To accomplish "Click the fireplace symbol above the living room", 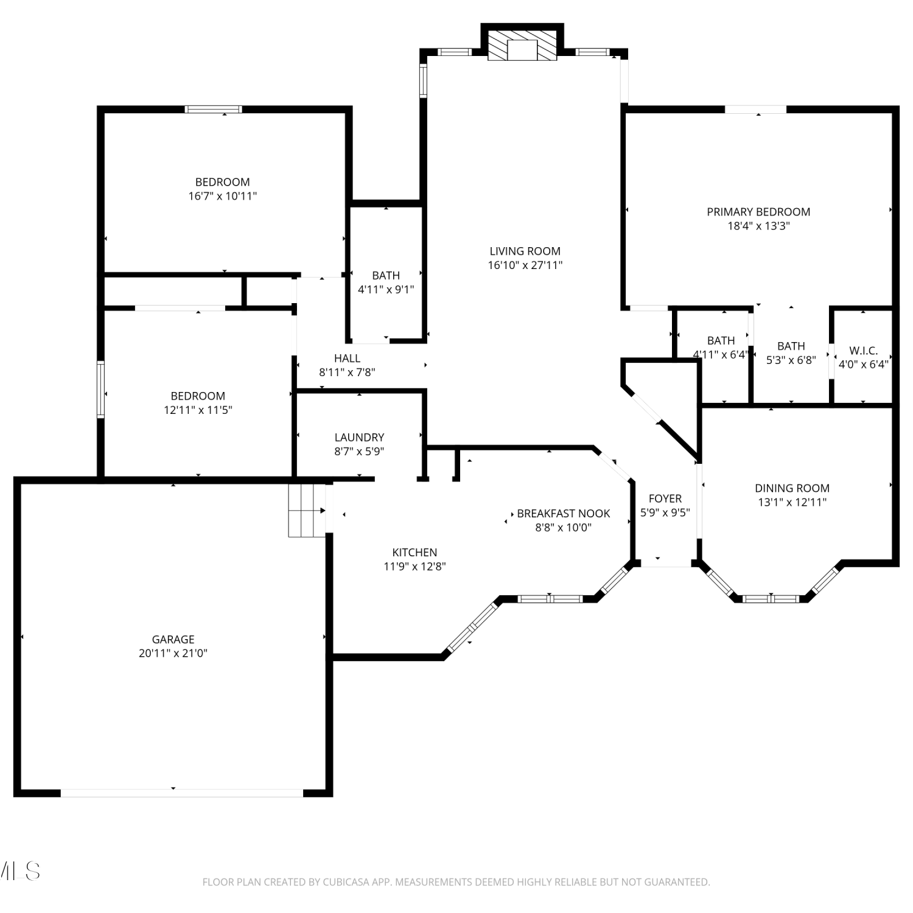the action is pyautogui.click(x=522, y=46).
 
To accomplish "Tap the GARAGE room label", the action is pyautogui.click(x=173, y=639).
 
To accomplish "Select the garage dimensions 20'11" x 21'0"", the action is pyautogui.click(x=173, y=653).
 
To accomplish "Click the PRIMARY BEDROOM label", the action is pyautogui.click(x=758, y=212).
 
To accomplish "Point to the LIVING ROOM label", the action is pyautogui.click(x=525, y=251).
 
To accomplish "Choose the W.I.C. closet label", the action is pyautogui.click(x=864, y=351).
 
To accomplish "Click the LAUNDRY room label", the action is pyautogui.click(x=359, y=437).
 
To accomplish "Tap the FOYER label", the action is pyautogui.click(x=665, y=498).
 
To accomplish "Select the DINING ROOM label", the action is pyautogui.click(x=792, y=488).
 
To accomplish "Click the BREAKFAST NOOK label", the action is pyautogui.click(x=564, y=513).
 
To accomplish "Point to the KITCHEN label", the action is pyautogui.click(x=415, y=552).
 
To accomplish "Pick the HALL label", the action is pyautogui.click(x=347, y=358).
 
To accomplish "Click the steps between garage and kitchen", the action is pyautogui.click(x=307, y=510).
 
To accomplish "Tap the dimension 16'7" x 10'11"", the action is pyautogui.click(x=223, y=196).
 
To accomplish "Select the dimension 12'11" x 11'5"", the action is pyautogui.click(x=198, y=410).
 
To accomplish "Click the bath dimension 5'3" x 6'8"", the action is pyautogui.click(x=791, y=360).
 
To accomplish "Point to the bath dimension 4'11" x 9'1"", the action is pyautogui.click(x=386, y=289).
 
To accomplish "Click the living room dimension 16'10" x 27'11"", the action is pyautogui.click(x=525, y=265).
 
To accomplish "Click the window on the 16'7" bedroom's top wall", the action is pyautogui.click(x=214, y=110).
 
